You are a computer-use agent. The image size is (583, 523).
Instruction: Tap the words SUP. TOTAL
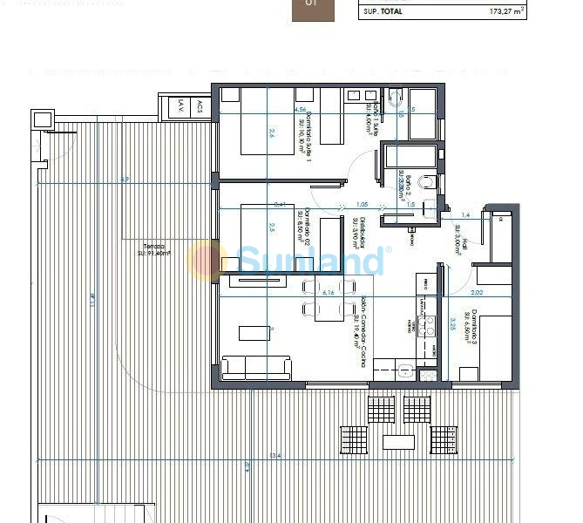pos(382,11)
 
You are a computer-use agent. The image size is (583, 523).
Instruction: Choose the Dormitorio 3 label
pos(469,328)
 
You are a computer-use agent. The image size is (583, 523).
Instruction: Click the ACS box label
pos(199,107)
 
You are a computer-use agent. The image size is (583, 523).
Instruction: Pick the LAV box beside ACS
pos(180,107)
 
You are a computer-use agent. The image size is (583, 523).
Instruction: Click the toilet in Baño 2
pos(426,182)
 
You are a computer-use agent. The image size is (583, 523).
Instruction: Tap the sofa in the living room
pos(256,367)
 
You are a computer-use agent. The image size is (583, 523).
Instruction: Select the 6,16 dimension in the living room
pos(329,294)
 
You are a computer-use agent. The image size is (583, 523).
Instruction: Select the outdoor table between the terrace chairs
pos(399,442)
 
